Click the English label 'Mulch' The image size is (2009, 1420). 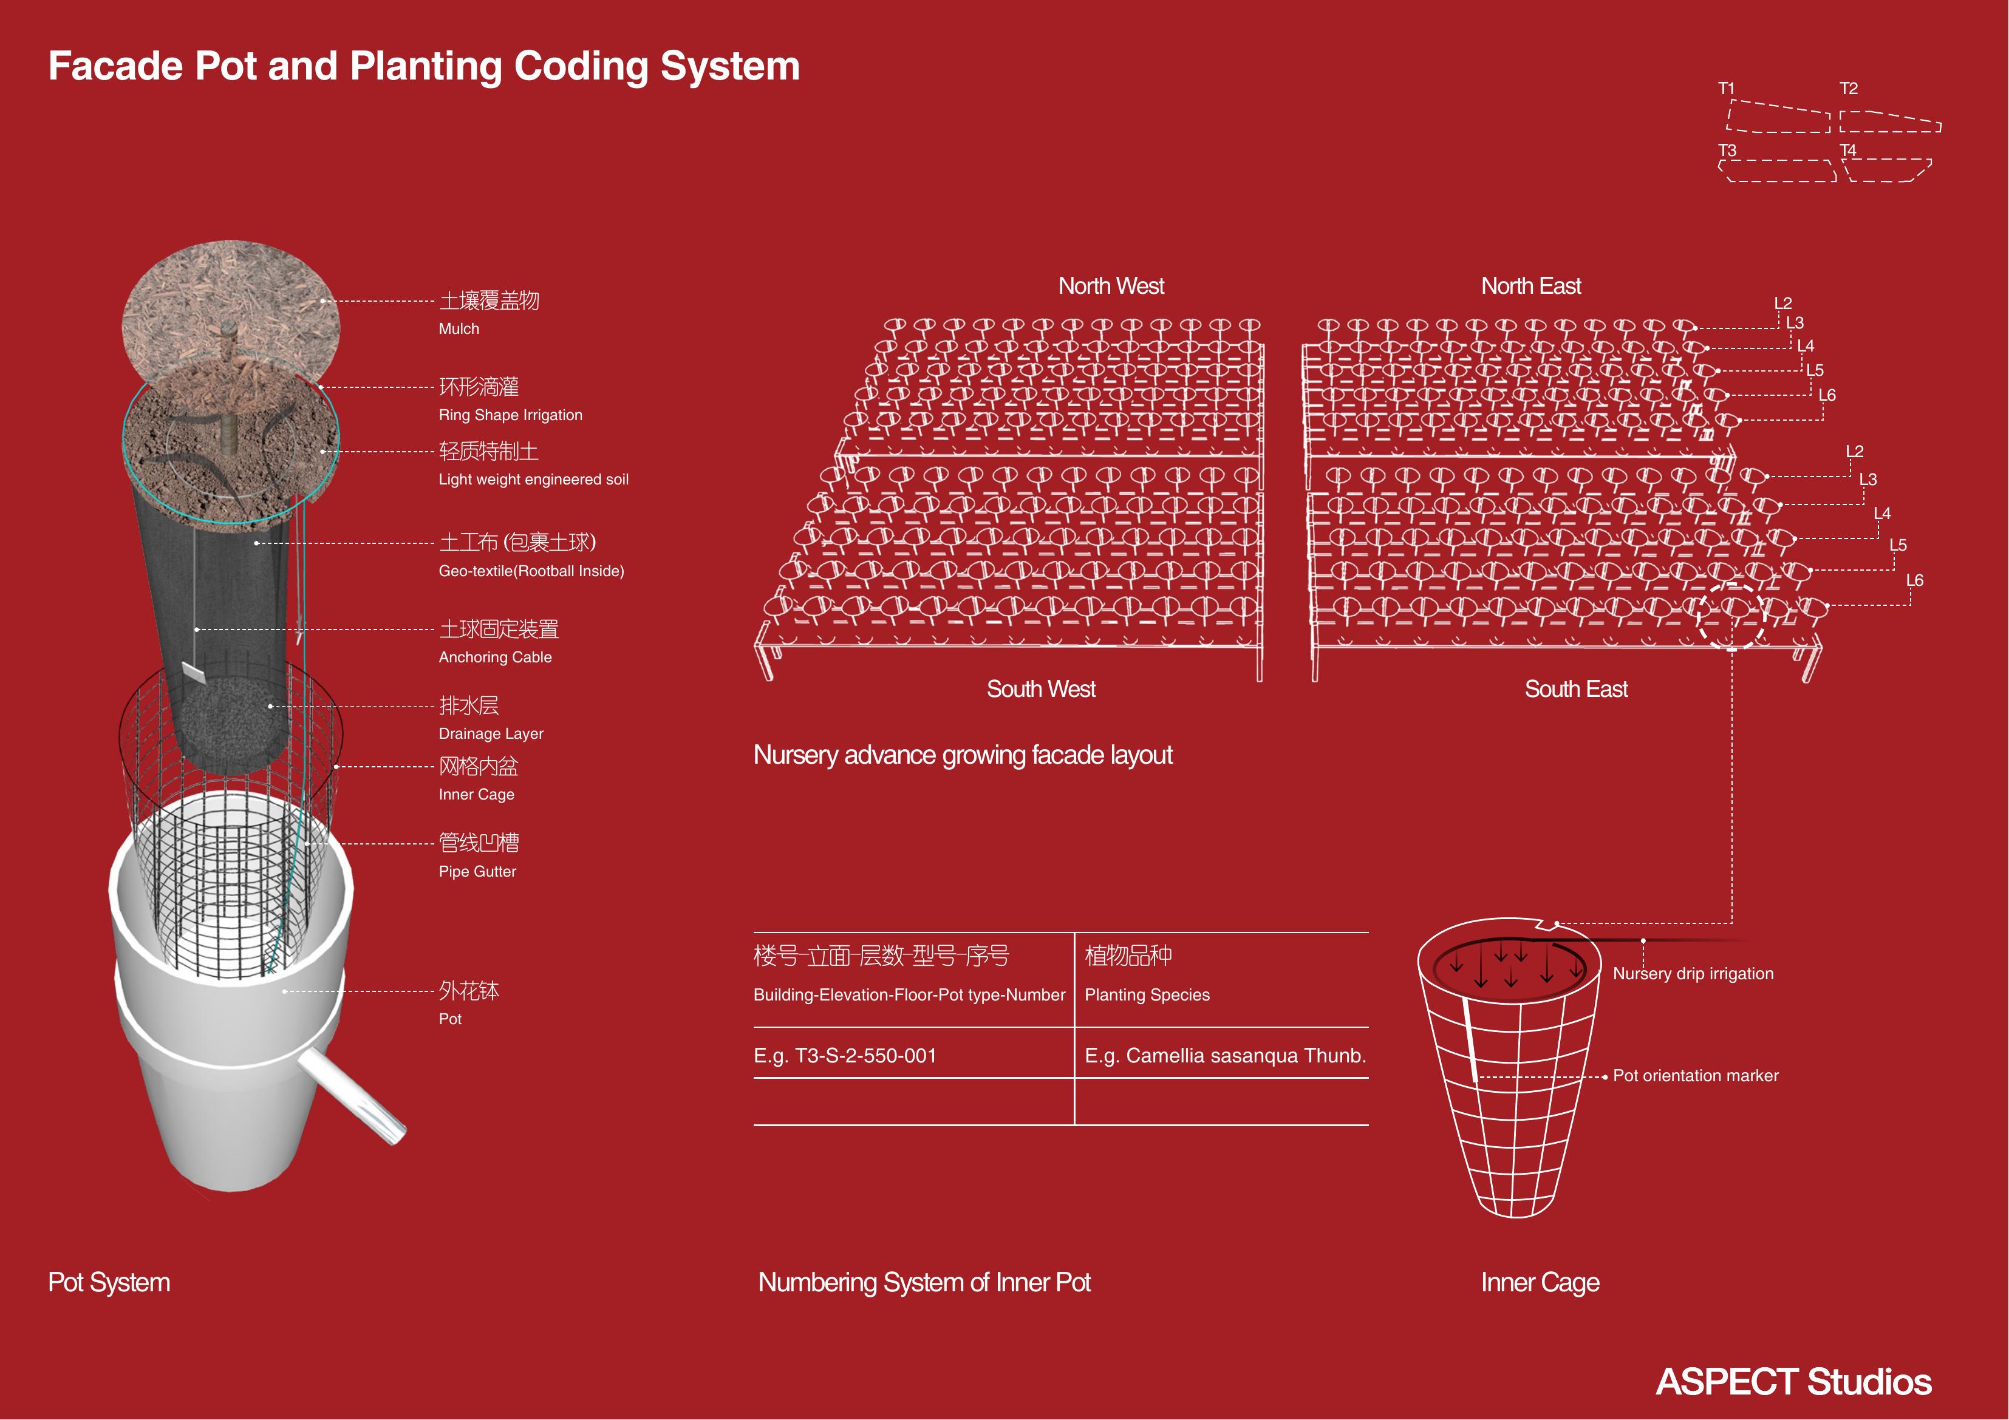[x=459, y=329]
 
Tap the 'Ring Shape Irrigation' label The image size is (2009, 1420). [x=510, y=415]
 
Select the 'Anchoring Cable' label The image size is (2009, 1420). [x=495, y=657]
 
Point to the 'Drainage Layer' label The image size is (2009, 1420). [x=491, y=733]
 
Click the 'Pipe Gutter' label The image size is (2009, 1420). [x=477, y=871]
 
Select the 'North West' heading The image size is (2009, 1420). [x=1111, y=286]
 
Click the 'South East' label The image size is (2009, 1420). [x=1576, y=690]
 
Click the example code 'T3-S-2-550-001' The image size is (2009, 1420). [x=865, y=1055]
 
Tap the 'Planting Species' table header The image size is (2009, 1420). [x=1147, y=995]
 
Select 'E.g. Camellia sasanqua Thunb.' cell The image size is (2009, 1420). [x=1225, y=1056]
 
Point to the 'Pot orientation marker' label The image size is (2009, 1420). [x=1695, y=1076]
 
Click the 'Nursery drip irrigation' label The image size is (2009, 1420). [x=1693, y=974]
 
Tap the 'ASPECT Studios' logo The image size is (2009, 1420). [x=1794, y=1382]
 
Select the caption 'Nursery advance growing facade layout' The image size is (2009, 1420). [x=963, y=755]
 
